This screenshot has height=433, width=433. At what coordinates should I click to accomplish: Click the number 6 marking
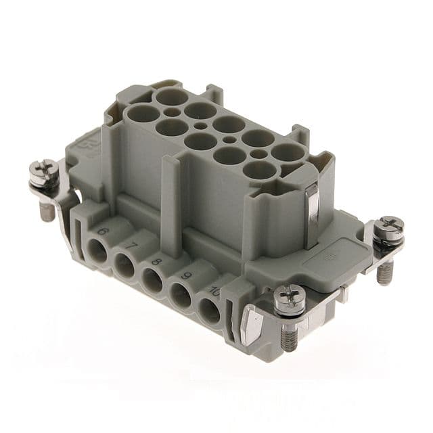(x=103, y=231)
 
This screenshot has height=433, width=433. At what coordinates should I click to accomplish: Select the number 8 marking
(x=158, y=260)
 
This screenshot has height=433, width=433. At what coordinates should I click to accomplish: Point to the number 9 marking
(x=184, y=275)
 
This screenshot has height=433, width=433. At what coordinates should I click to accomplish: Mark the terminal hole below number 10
(x=209, y=311)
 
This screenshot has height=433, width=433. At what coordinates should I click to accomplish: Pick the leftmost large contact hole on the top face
(x=143, y=112)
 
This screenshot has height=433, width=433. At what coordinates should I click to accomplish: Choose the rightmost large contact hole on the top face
(x=288, y=152)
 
